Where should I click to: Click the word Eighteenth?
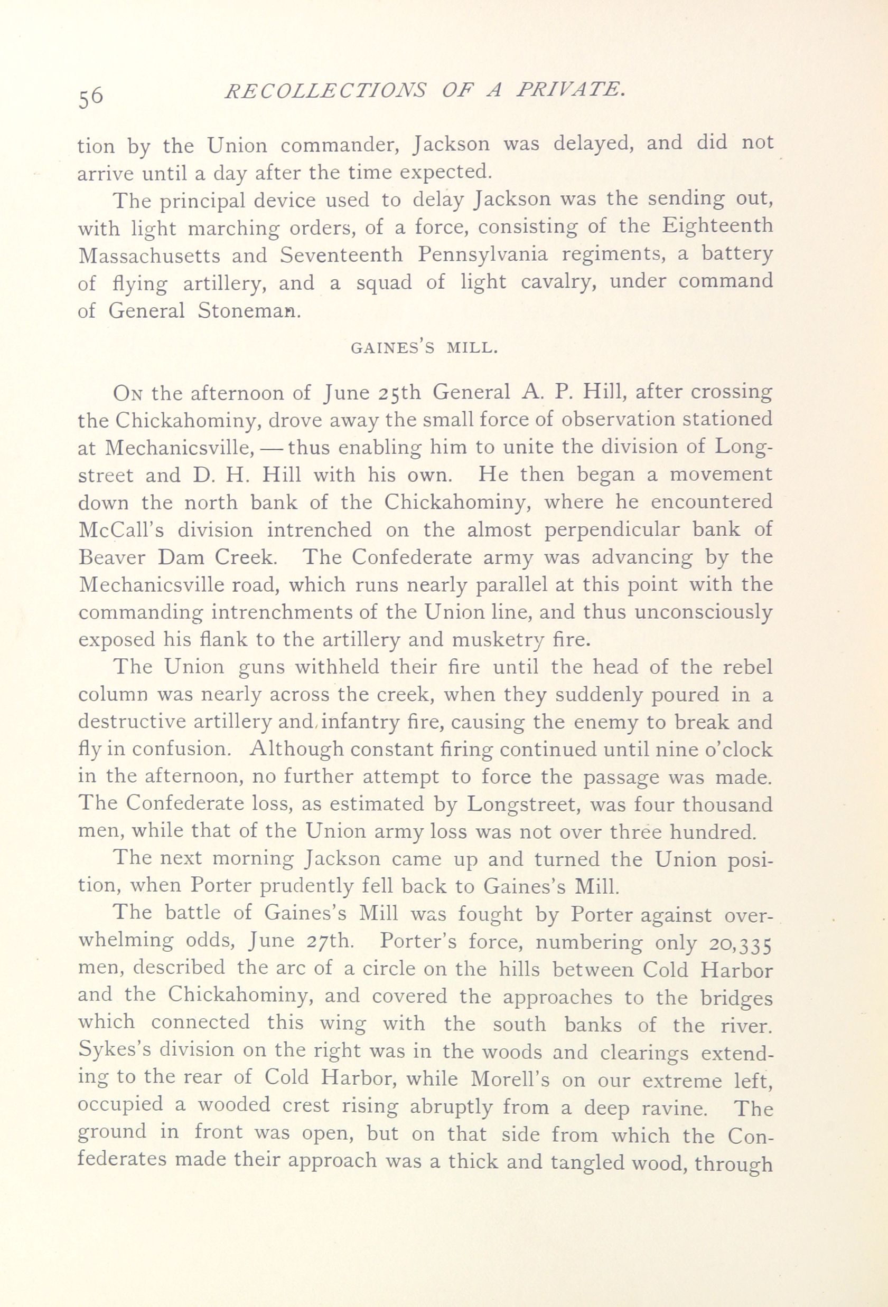coord(717,228)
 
